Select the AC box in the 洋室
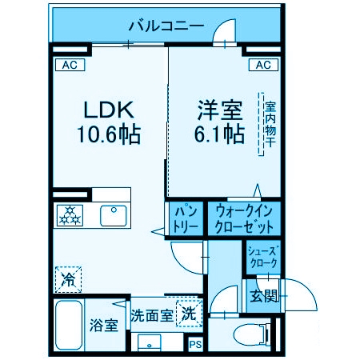[x=263, y=65]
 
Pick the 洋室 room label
[x=218, y=109]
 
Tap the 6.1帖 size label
[x=218, y=134]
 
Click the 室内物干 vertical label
[x=270, y=124]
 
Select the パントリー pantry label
[x=186, y=217]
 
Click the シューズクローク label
[x=262, y=255]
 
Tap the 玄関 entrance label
[x=264, y=295]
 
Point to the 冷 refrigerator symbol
[x=69, y=280]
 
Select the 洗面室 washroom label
[x=151, y=314]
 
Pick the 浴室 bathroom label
[x=103, y=326]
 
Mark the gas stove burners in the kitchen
[x=70, y=214]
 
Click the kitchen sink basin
[x=113, y=214]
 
